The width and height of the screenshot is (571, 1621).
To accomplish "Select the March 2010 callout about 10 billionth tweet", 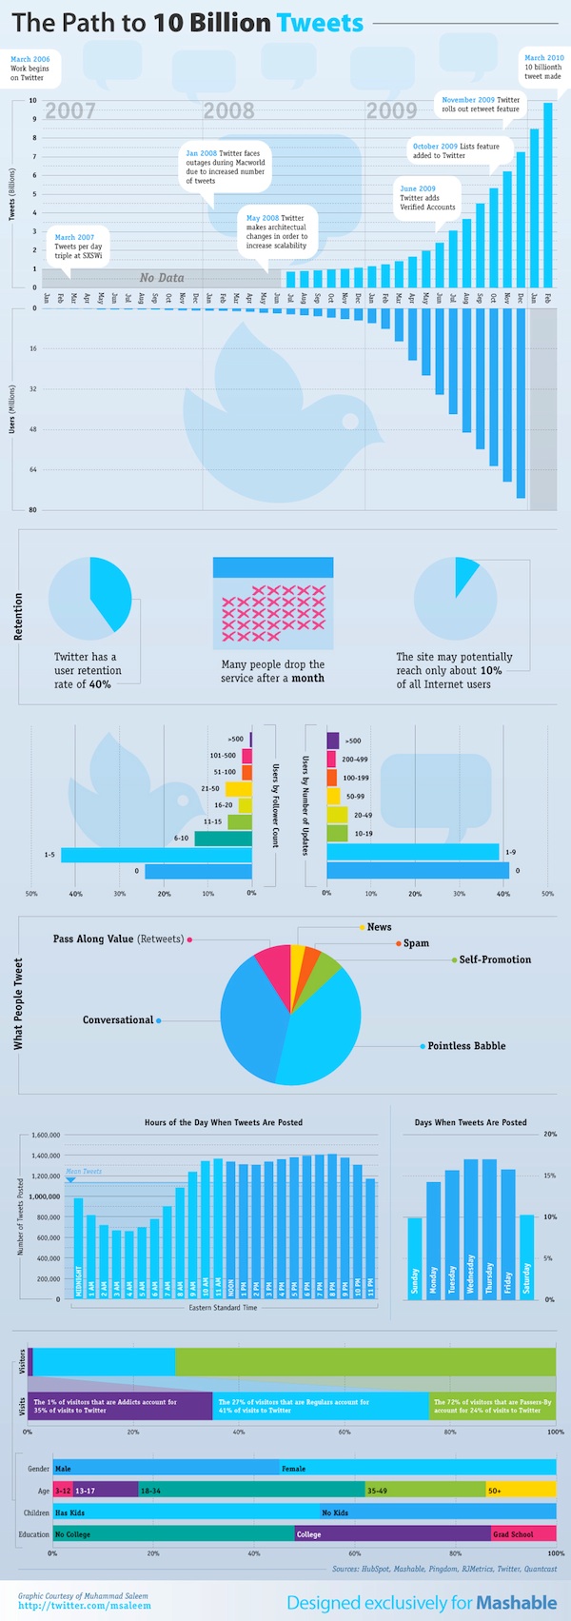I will pos(543,67).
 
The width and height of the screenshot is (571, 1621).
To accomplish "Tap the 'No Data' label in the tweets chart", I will pos(162,278).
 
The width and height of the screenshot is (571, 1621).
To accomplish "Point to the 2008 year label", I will pos(228,110).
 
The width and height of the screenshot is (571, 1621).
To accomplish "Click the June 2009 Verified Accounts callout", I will pos(427,198).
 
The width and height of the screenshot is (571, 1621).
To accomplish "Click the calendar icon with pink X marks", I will pos(273,601).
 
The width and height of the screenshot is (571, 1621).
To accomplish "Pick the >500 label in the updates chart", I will pos(352,741).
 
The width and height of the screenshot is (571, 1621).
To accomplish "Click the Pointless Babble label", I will pos(466,1046).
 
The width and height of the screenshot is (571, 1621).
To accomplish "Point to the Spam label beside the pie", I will pos(416,943).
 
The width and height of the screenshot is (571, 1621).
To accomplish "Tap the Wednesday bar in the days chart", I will pos(470,1229).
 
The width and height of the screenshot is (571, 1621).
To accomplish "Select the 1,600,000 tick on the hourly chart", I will pos(46,1136).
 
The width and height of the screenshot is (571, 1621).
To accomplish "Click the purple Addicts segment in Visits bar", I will pos(120,1406).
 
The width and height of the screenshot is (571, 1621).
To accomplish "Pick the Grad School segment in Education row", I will pos(523,1533).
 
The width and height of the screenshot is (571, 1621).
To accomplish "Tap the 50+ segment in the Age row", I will pos(521,1490).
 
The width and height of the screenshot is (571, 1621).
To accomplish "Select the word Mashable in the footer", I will pos(517,1603).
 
